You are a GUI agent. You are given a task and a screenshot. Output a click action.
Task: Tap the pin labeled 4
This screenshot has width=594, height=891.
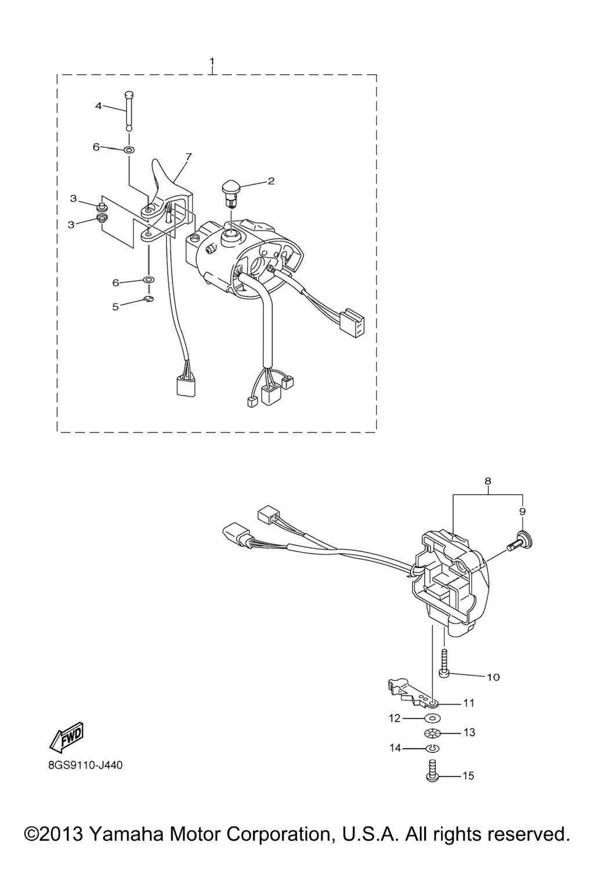tap(129, 111)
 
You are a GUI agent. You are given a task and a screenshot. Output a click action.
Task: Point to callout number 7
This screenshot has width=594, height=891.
tap(188, 157)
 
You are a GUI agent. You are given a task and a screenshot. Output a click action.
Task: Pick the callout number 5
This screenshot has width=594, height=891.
tap(115, 307)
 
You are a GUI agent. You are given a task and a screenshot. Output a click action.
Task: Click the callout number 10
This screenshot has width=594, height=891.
tap(493, 677)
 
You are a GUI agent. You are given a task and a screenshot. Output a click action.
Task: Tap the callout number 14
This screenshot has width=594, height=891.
tap(395, 748)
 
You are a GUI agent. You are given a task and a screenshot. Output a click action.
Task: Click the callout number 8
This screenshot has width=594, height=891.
tap(488, 481)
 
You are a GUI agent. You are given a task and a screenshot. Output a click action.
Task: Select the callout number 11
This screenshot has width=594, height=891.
tap(469, 703)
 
